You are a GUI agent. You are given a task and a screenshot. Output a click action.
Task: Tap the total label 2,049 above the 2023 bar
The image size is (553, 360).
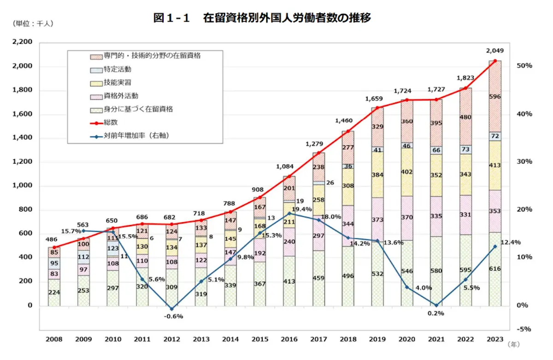tap(495, 51)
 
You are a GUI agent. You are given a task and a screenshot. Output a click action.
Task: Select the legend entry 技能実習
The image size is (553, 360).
tap(118, 83)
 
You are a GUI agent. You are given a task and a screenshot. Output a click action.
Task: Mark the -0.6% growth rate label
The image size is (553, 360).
tap(173, 316)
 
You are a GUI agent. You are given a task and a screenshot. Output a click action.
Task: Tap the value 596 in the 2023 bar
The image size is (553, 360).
tap(495, 97)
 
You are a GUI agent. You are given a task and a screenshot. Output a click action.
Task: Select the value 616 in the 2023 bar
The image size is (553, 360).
tap(495, 269)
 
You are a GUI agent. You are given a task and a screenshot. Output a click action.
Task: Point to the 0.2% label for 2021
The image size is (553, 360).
tap(435, 313)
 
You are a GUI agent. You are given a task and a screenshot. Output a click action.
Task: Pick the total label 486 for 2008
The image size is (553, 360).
tap(51, 240)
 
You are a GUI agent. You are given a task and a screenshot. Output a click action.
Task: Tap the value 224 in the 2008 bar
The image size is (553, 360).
tap(54, 292)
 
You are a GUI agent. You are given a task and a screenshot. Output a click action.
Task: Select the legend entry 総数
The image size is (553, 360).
tap(111, 123)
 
